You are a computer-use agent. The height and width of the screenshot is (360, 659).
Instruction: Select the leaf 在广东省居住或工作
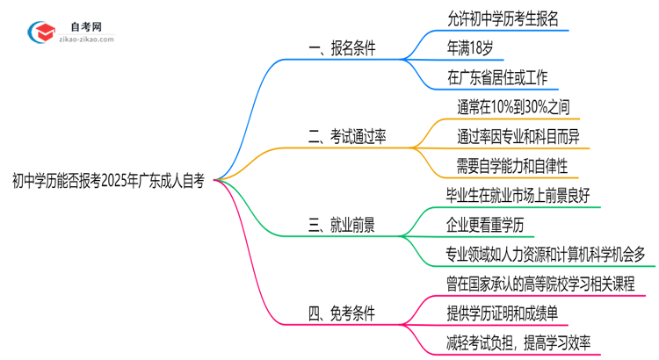tap(497, 78)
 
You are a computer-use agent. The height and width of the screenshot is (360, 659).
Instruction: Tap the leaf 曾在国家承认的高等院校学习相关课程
tap(540, 283)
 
